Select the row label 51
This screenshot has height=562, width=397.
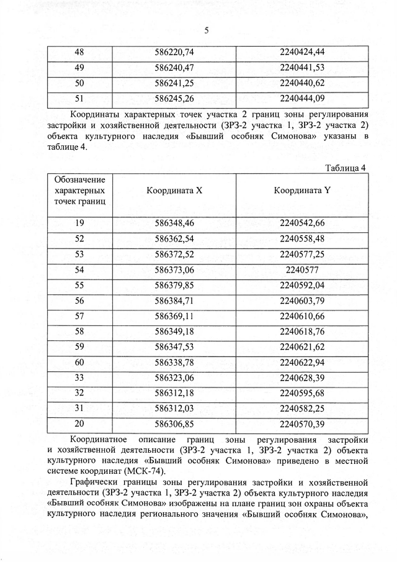(79, 97)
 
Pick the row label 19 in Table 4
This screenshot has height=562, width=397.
(79, 223)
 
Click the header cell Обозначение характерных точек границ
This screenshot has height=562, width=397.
(79, 191)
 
